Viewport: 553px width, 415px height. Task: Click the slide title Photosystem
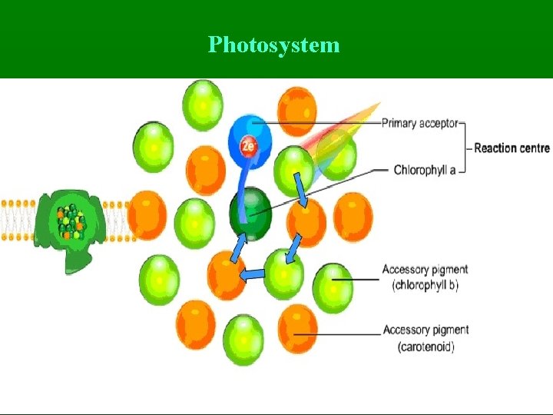coord(273,45)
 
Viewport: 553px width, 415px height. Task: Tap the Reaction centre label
coord(512,148)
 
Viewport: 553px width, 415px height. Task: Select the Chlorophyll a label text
coord(425,169)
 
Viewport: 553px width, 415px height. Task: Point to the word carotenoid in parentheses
coord(426,347)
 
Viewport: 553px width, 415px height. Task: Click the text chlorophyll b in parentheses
coord(425,285)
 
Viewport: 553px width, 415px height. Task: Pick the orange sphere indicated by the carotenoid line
coord(296,328)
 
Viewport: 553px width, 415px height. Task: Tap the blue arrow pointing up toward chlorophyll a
coord(239,245)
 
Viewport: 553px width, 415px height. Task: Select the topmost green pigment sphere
coord(203,104)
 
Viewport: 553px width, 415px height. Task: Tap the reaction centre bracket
coord(465,146)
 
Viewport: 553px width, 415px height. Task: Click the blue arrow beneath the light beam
coord(301,191)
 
